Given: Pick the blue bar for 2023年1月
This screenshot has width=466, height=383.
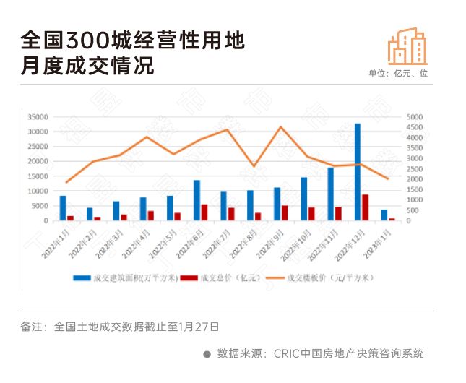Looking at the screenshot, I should coord(384,215).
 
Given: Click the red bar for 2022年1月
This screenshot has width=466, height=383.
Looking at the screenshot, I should coord(71,218).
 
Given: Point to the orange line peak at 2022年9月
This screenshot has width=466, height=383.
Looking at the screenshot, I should coord(281,127).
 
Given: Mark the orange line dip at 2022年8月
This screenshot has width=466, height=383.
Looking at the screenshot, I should coord(254,166).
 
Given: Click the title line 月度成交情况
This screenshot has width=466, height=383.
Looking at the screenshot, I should coord(87,66).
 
